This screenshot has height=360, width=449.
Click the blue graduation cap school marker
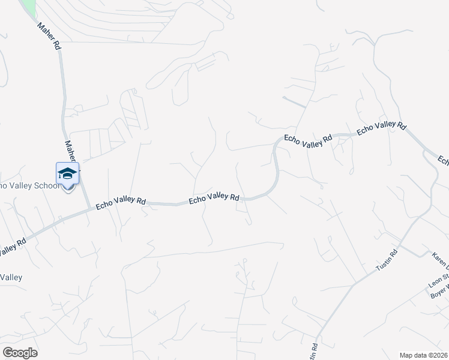click(x=67, y=175)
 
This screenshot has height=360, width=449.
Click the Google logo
click(x=20, y=352)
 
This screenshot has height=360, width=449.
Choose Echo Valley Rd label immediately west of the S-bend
click(x=214, y=197)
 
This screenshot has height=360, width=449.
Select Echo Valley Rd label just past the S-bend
click(x=308, y=137)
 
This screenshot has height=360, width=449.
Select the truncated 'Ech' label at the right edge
click(x=443, y=161)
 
